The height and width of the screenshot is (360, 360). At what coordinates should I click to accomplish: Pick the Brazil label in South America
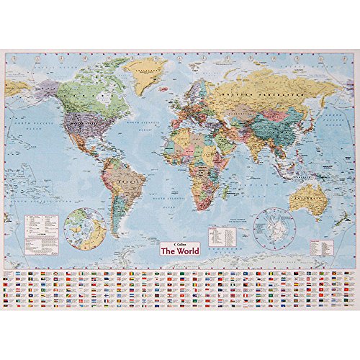pos(127,181)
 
